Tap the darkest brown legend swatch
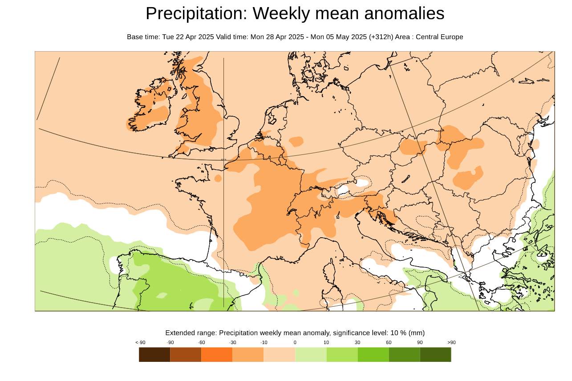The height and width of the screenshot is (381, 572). point(154,355)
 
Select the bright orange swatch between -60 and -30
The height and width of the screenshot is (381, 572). point(217,355)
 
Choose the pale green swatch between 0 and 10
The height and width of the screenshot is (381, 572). point(311,355)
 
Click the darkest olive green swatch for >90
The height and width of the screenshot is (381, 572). point(435,355)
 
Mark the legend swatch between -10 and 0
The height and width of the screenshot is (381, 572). point(280,355)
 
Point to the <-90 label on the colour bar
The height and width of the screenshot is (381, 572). point(140,342)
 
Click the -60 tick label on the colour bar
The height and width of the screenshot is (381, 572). point(201,342)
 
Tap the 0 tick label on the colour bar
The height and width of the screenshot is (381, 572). point(295,342)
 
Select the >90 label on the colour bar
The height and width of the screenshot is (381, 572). point(451,342)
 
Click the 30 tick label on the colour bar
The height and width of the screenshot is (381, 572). point(357,342)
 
